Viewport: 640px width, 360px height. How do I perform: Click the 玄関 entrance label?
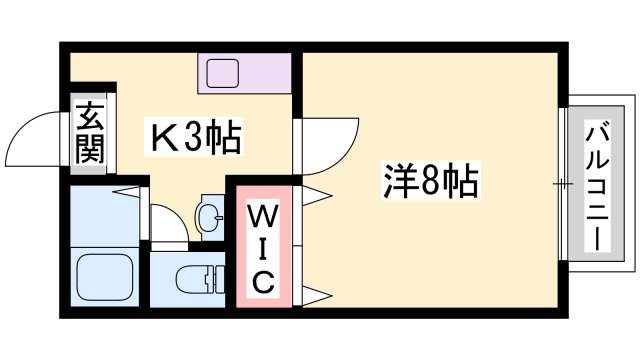(x=88, y=133)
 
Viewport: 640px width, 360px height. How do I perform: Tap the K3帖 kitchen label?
(x=196, y=137)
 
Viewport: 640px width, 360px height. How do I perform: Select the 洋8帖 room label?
(x=431, y=181)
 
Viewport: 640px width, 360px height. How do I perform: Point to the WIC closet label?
(x=263, y=249)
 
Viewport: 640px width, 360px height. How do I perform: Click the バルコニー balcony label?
(x=598, y=187)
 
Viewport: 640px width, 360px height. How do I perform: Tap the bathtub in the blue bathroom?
(x=105, y=280)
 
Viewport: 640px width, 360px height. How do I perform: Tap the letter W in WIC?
(x=263, y=215)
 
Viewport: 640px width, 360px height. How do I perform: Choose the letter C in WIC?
(x=263, y=283)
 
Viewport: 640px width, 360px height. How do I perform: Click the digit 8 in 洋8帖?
(x=432, y=181)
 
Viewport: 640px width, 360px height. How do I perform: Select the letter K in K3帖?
(x=163, y=137)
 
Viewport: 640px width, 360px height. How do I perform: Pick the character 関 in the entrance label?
(x=88, y=149)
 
